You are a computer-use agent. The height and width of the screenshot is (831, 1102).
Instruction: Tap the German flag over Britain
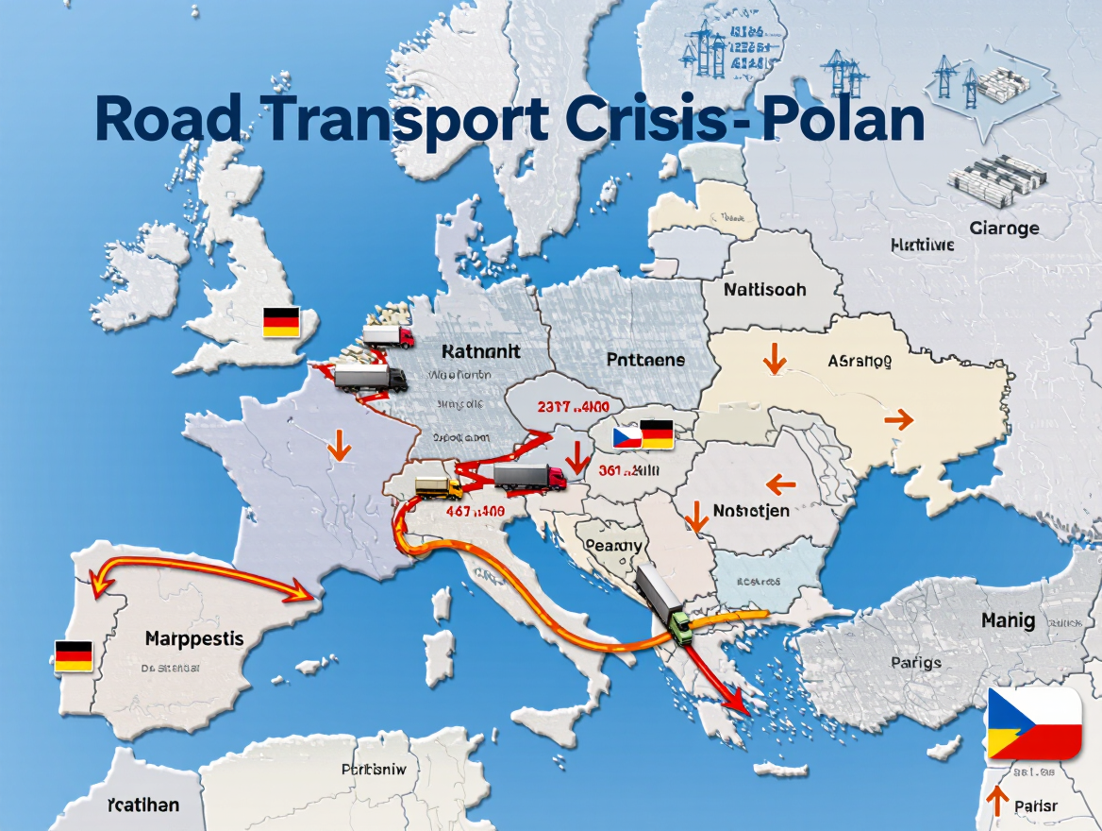pos(281,322)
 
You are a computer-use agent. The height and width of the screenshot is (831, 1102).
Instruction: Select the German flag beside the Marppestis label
pos(73,655)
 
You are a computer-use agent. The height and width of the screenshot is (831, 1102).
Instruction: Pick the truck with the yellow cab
pos(439,487)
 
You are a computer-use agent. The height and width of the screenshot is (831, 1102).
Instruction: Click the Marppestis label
pos(194,639)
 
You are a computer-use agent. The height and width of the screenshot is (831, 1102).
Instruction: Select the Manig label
pos(1008,620)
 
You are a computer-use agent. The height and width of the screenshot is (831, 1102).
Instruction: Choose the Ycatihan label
pos(142,806)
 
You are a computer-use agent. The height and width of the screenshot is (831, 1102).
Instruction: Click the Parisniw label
pos(374,770)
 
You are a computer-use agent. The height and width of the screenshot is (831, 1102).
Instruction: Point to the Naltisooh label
pos(765,290)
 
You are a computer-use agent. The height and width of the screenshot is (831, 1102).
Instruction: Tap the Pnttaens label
pos(645,360)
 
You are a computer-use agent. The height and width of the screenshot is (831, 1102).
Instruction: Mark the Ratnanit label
pos(480,352)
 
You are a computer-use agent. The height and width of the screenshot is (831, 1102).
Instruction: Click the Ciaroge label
pos(1004,228)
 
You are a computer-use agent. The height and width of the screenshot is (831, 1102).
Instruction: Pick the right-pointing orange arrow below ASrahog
pos(899,419)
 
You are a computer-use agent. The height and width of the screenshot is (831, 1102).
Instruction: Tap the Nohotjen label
pos(752,512)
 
